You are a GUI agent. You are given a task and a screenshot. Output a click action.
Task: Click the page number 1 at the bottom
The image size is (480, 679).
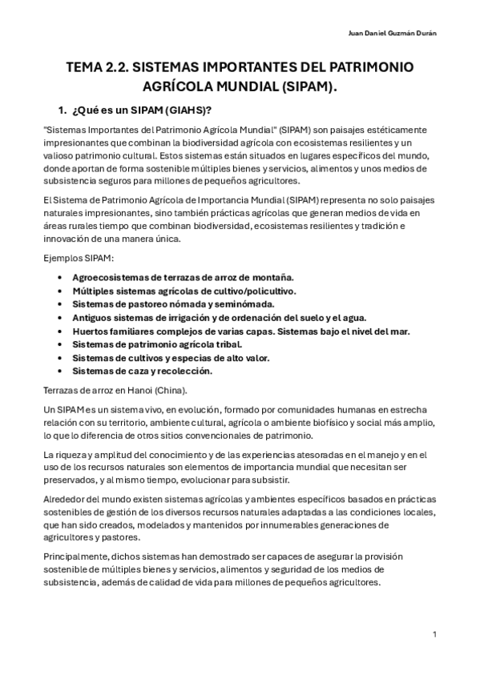434,635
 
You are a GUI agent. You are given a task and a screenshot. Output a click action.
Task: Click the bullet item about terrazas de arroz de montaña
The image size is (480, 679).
183,276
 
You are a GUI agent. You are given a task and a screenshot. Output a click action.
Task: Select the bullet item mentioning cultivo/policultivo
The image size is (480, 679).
184,290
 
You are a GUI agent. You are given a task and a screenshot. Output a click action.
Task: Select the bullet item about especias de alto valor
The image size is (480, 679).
171,358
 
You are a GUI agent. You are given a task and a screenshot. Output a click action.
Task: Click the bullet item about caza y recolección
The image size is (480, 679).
141,372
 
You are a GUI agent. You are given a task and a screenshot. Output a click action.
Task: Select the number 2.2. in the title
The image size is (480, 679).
119,68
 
